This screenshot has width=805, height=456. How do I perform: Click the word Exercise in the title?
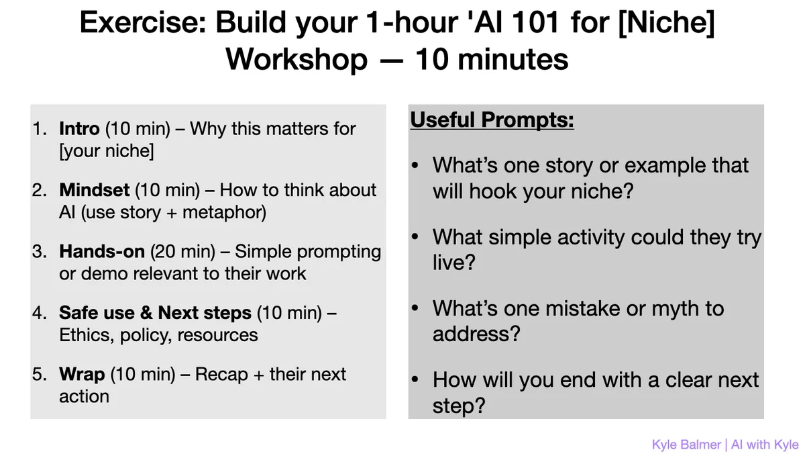[x=143, y=22]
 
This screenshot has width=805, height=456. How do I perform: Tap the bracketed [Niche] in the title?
[x=667, y=22]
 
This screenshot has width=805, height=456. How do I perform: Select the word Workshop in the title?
[x=297, y=60]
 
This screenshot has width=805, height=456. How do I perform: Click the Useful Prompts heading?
[x=492, y=120]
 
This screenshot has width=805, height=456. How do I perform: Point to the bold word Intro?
[x=79, y=128]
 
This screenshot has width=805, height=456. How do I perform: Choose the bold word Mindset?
[x=94, y=189]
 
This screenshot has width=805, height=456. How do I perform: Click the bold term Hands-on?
[x=102, y=251]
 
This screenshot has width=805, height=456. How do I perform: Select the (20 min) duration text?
[x=182, y=252]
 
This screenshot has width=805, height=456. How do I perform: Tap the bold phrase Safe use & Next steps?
[x=155, y=312]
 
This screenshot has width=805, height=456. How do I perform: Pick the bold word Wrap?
[x=82, y=374]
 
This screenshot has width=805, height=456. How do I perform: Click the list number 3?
[x=39, y=251]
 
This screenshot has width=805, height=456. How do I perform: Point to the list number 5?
[x=39, y=374]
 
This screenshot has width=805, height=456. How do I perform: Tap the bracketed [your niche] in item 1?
[x=107, y=151]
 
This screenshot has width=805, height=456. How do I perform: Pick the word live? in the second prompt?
[x=454, y=262]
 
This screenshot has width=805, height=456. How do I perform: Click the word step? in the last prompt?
[x=459, y=406]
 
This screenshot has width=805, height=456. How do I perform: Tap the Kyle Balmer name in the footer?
[x=686, y=445]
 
